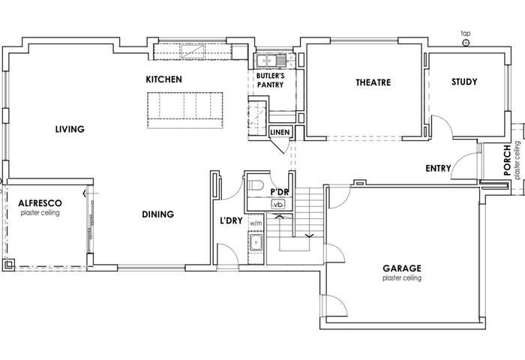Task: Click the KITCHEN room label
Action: [163, 79]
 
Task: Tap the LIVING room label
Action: [70, 129]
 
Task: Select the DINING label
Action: [157, 214]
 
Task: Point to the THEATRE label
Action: [373, 82]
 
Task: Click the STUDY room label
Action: [464, 82]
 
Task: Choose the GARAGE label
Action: [402, 268]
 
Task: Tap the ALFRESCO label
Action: [40, 203]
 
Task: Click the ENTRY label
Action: [438, 168]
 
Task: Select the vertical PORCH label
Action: [507, 160]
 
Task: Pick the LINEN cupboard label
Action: [280, 132]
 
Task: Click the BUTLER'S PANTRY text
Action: [270, 80]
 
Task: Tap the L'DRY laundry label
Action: [231, 220]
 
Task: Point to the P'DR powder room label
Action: [279, 192]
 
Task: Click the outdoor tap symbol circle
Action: [466, 43]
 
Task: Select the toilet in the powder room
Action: [256, 184]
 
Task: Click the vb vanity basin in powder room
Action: [278, 204]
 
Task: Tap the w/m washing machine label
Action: [256, 223]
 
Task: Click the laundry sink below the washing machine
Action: [256, 242]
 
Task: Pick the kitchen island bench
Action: [185, 110]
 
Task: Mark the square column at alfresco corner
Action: [9, 265]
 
